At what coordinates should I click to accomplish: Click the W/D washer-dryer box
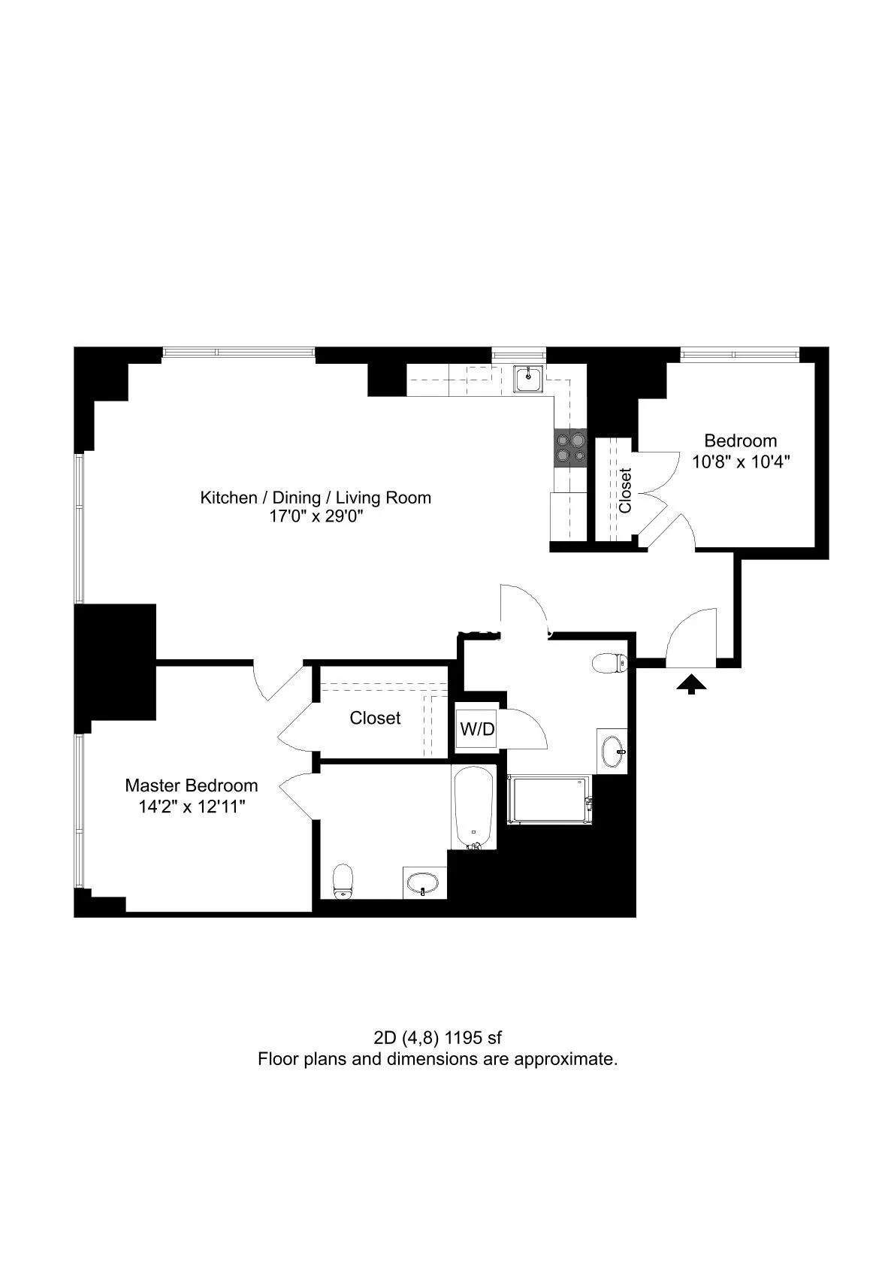coord(477,728)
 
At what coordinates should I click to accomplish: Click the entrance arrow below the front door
coord(692,683)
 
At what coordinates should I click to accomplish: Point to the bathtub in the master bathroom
coord(473,807)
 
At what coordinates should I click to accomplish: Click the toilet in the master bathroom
coord(343,880)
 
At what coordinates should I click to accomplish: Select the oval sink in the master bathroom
coord(425,882)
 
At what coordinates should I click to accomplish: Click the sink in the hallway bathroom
coord(613,749)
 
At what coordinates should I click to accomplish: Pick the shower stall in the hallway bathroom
coord(548,800)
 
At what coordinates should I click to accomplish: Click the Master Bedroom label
coord(191,785)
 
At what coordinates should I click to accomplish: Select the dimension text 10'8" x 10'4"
coord(741,462)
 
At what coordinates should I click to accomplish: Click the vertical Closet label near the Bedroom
coord(625,490)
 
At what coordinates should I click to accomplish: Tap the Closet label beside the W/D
coord(375,718)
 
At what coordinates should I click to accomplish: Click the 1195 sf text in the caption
coord(473,1038)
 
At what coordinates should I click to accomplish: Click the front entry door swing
coord(689,639)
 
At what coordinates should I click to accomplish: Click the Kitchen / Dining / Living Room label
coord(316,497)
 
